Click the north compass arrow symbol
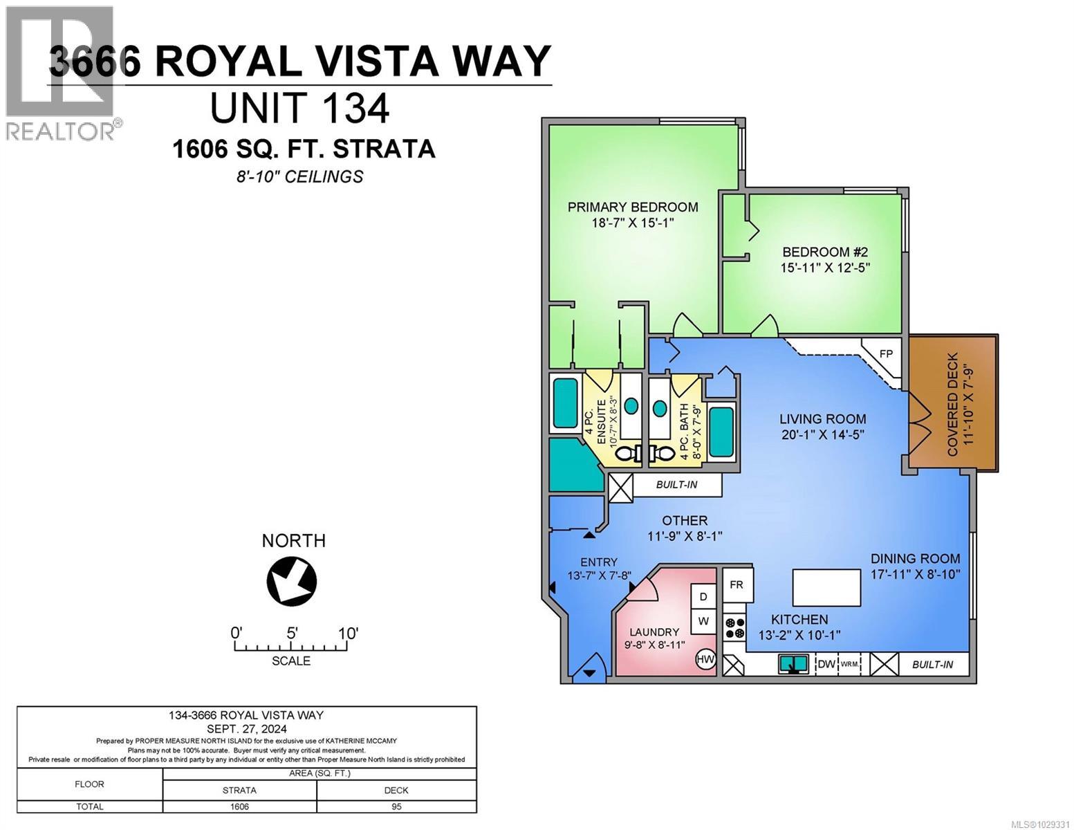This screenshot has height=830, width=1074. coord(292,580)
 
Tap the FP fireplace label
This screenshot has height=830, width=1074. coord(886,353)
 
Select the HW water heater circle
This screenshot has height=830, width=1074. coord(705,659)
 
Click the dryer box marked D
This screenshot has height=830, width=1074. coord(703,596)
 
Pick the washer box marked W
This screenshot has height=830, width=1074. coord(703,621)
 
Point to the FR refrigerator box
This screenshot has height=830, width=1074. coord(737,584)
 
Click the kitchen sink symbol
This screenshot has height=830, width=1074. coord(794,664)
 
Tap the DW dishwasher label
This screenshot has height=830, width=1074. coord(826,664)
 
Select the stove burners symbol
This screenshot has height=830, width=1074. coord(734,627)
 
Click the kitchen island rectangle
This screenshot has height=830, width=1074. coord(826,587)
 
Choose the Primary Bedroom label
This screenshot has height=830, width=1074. coord(633,207)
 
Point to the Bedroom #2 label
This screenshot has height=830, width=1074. coord(825,252)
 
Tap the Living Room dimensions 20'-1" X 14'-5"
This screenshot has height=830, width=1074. coord(822,434)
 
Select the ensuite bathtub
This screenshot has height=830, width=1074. coord(565,403)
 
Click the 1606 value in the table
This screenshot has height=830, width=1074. coord(239,806)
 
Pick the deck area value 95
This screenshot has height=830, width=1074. coord(396,806)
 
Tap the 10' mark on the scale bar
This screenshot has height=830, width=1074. coord(347,633)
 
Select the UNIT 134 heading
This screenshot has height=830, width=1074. coord(299,109)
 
